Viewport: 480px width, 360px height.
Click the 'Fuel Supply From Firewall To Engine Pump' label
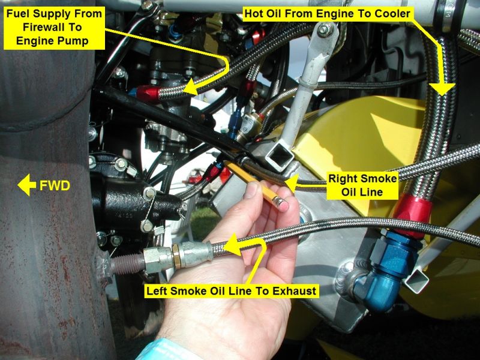[54, 28]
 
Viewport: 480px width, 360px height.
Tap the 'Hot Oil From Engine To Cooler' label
[327, 14]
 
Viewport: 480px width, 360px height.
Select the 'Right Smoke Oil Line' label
[362, 185]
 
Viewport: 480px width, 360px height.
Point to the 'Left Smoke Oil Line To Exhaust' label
[231, 290]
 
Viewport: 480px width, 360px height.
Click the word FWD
[55, 185]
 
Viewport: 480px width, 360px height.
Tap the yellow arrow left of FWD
[27, 185]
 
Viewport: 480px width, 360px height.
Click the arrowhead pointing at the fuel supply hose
[190, 86]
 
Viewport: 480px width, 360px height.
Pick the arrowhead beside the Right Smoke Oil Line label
[290, 183]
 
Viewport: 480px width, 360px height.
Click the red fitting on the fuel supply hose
[148, 93]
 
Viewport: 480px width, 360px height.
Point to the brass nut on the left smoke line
[176, 257]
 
